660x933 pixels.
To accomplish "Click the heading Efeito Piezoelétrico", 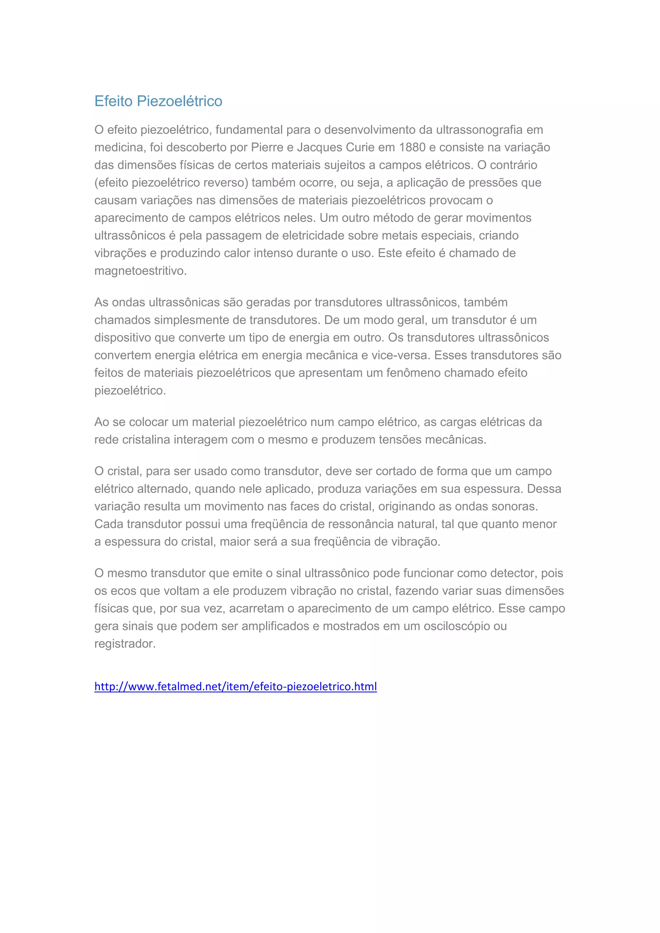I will (158, 101).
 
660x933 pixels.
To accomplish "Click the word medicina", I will (120, 147).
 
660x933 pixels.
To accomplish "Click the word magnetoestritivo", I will (140, 271).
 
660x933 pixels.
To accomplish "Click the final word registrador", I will (124, 644).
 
